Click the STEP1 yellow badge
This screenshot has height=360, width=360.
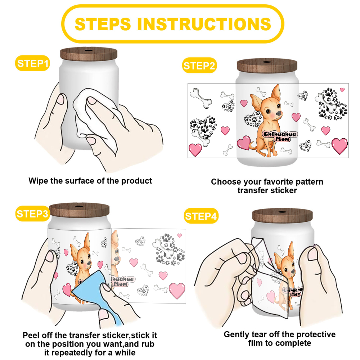coord(32,63)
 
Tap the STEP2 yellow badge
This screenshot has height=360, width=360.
coord(199,66)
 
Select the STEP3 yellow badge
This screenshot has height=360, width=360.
coord(33,214)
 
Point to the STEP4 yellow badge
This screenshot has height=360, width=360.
coord(201,216)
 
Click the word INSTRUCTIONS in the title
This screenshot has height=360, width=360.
coord(204,24)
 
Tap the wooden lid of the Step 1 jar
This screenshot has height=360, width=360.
coord(89,54)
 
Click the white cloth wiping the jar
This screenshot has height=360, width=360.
coord(96,120)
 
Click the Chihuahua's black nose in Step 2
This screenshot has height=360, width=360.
coord(279,113)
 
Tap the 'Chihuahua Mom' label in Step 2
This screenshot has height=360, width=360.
coord(280,136)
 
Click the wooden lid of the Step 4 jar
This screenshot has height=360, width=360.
coord(282,216)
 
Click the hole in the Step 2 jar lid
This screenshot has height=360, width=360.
coord(267,62)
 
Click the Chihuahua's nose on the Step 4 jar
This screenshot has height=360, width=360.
coord(293,271)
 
